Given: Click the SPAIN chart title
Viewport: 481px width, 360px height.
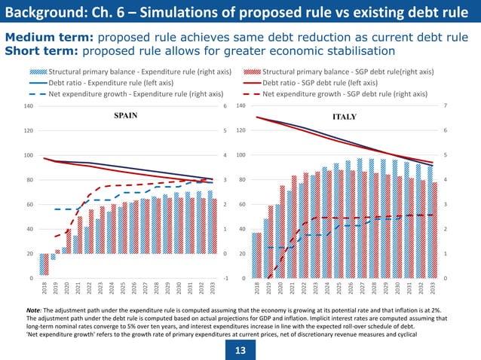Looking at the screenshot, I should click(126, 117).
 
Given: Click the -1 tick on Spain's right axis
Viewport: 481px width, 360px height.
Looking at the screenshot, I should click(225, 279).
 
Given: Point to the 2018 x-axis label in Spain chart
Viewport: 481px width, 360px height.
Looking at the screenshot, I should click(44, 290).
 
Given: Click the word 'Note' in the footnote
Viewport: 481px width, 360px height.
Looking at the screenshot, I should click(32, 310).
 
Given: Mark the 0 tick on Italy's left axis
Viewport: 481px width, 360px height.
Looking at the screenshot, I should click(246, 279).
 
